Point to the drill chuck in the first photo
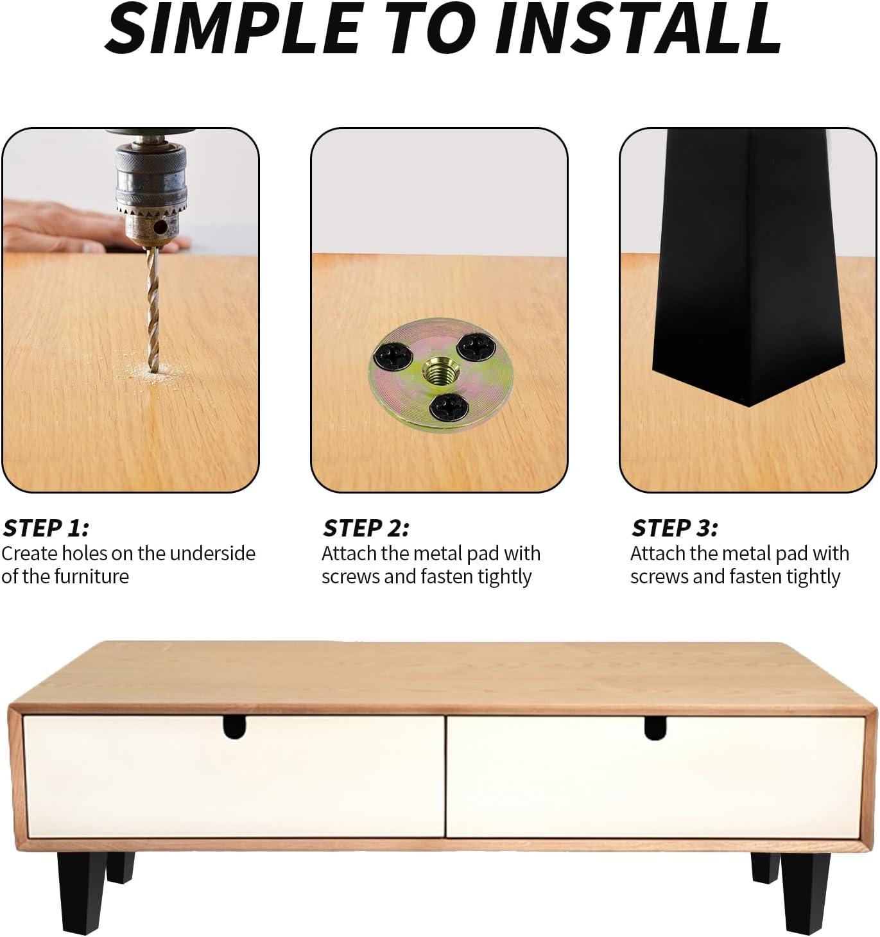(x=151, y=189)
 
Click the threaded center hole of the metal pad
(x=437, y=372)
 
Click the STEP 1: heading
(x=46, y=528)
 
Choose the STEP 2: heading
(x=365, y=528)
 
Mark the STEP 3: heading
(x=674, y=528)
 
